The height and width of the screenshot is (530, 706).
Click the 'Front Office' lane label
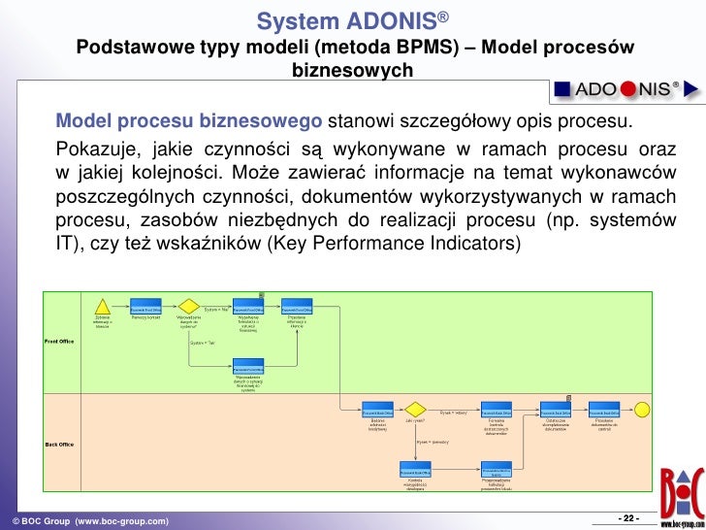pyautogui.click(x=59, y=342)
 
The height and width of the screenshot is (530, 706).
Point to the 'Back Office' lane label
pyautogui.click(x=59, y=445)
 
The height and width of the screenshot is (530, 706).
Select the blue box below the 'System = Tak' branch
pyautogui.click(x=248, y=368)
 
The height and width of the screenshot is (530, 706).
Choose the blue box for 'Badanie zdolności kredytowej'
pyautogui.click(x=376, y=409)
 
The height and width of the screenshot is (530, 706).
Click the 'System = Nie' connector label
pyautogui.click(x=215, y=310)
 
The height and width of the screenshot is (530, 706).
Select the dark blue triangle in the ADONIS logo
pyautogui.click(x=691, y=89)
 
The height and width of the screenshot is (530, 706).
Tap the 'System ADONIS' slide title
pyautogui.click(x=352, y=21)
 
